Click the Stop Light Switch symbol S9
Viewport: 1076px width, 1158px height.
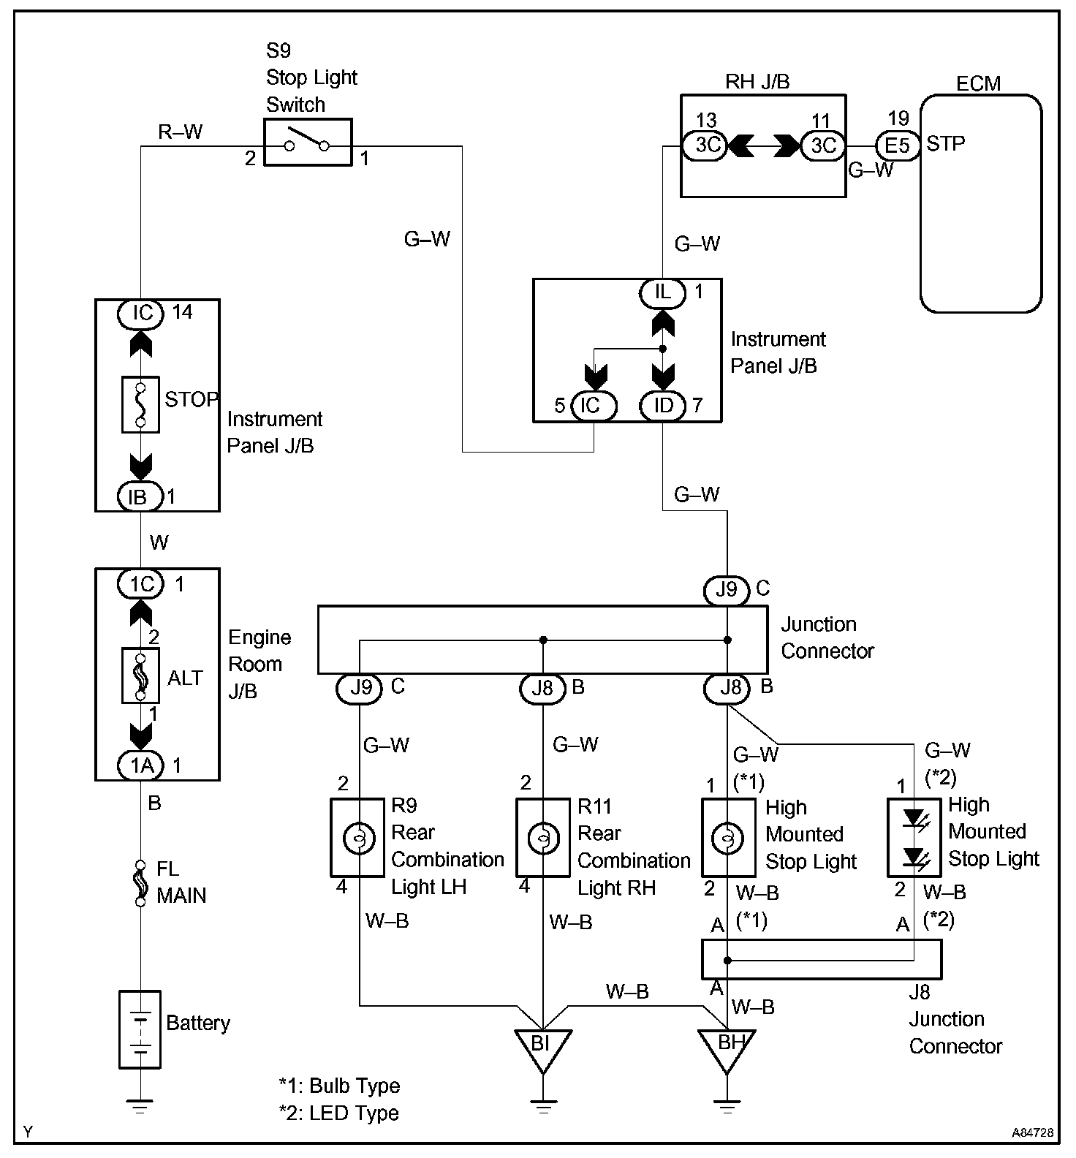click(307, 143)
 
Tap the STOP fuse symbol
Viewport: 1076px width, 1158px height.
click(140, 404)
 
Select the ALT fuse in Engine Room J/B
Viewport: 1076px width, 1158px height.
click(140, 675)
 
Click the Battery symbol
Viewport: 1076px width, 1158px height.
click(140, 1029)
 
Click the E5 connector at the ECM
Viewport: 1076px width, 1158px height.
click(897, 145)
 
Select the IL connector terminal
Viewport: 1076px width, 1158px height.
click(663, 293)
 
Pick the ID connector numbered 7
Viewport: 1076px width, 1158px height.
click(663, 405)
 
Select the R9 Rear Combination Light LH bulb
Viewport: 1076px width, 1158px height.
click(357, 837)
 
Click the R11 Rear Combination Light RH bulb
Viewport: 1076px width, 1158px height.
click(543, 837)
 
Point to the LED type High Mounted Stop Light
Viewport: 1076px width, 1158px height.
click(914, 838)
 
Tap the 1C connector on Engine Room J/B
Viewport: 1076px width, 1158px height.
click(142, 584)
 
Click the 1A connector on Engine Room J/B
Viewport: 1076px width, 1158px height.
click(142, 765)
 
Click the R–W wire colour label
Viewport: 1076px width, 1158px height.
click(181, 132)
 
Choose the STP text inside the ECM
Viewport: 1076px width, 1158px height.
click(946, 144)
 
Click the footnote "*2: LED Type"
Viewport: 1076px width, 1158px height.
click(339, 1113)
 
